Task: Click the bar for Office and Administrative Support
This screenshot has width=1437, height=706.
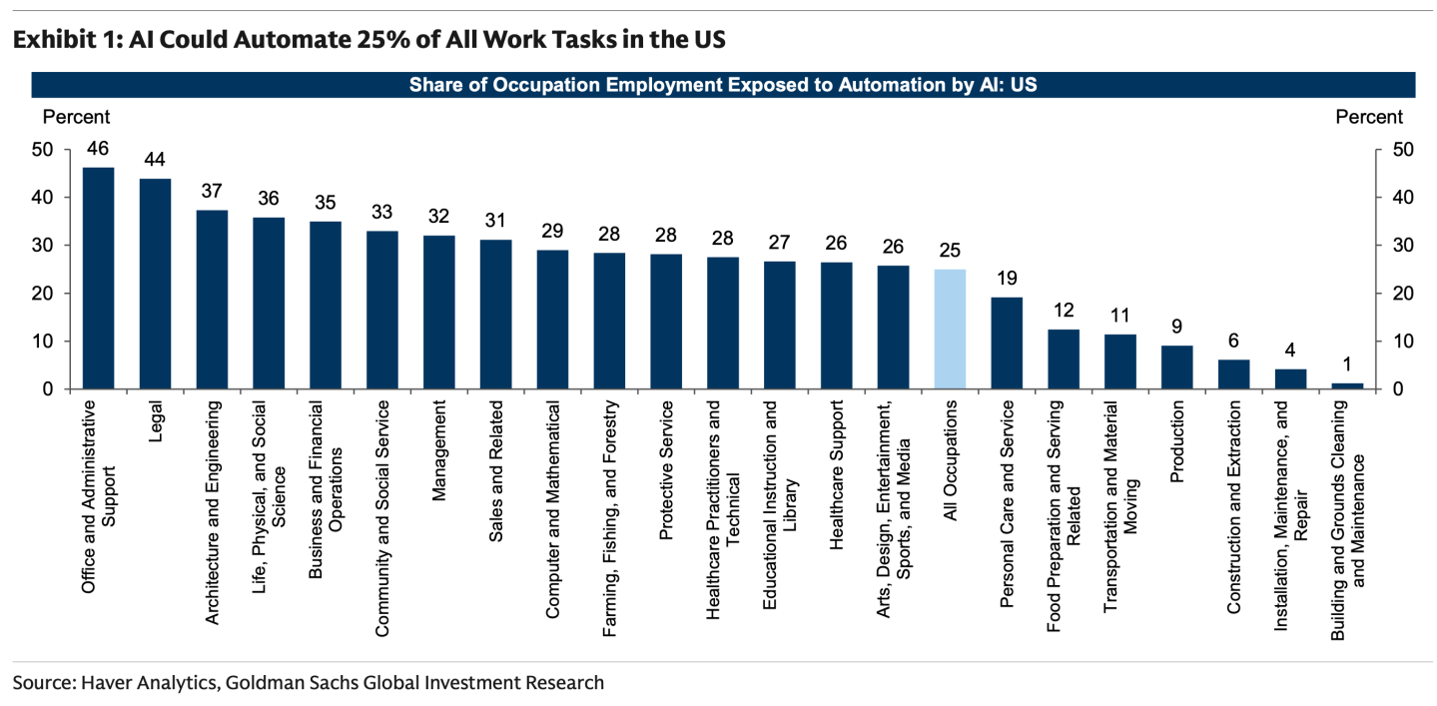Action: pos(98,279)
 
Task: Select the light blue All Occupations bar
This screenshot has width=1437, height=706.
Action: pos(950,330)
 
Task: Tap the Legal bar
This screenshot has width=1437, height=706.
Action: pos(155,284)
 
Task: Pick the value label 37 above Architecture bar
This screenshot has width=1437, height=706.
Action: pos(212,190)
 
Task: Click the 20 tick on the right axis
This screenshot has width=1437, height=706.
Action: pos(1394,294)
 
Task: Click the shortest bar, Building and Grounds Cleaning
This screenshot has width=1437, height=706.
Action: pos(1347,385)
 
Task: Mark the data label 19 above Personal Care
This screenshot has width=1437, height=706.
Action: pos(1007,277)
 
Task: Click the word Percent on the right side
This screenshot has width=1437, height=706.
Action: pos(1368,117)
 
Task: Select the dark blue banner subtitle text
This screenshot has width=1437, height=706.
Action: pos(722,85)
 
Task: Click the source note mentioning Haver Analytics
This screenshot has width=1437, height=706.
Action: pos(309,683)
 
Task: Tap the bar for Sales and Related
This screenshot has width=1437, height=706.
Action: pos(495,315)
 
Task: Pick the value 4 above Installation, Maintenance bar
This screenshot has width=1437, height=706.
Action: pos(1290,350)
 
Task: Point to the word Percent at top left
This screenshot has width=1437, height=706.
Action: pos(76,117)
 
